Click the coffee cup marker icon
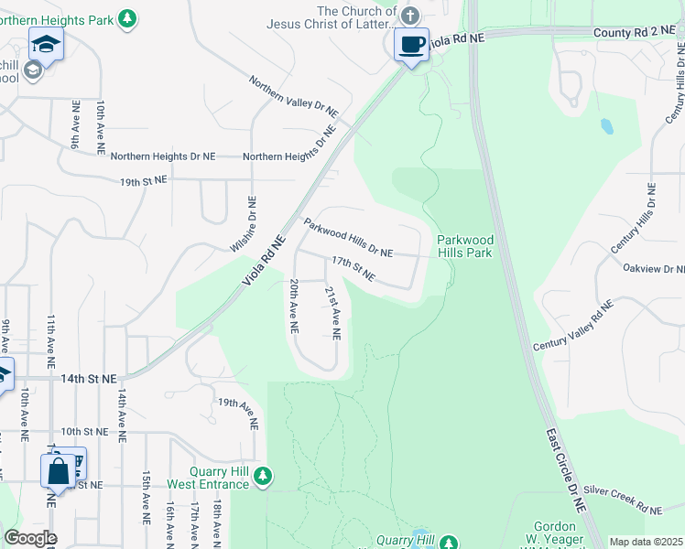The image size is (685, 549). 411,44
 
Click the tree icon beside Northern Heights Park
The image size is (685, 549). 129,17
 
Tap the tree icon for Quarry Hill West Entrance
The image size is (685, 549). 263,475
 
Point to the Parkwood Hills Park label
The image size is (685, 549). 464,245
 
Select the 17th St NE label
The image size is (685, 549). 353,268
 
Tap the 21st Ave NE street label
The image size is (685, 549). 332,312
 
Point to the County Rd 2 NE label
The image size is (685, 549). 625,31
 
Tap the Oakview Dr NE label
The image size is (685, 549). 654,269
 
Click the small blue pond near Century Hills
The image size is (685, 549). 605,126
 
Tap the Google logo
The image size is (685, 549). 29,538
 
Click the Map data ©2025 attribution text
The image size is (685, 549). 645,542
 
